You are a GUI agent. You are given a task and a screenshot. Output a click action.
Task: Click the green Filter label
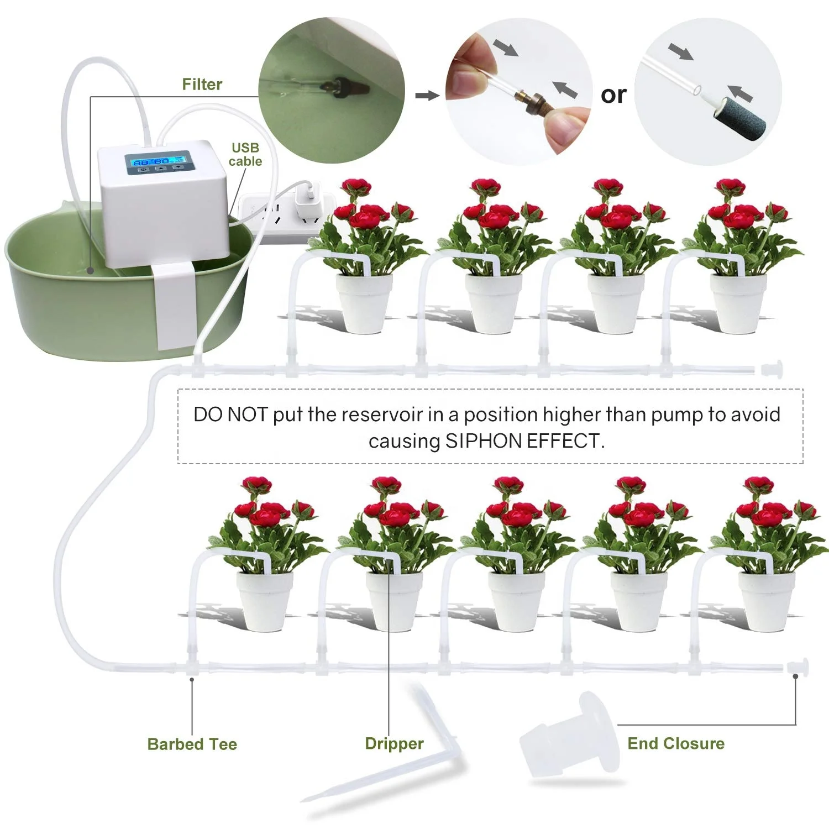point(202,85)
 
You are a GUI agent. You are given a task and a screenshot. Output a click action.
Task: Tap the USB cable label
point(245,155)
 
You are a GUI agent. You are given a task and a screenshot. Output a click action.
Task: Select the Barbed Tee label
point(192,744)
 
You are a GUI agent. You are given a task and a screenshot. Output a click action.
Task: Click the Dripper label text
point(394,743)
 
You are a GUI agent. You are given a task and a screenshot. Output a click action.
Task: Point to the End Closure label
point(675,743)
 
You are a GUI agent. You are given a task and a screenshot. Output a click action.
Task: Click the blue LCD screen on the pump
point(159,161)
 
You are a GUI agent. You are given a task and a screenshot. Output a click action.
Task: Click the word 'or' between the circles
point(613,95)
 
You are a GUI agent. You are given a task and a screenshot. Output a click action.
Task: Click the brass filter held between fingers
point(529,101)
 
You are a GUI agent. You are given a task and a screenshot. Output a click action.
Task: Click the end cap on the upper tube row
point(772,369)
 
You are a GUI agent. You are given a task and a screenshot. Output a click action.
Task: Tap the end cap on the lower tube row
point(799,667)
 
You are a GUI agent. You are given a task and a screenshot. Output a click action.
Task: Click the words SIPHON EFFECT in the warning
point(524,441)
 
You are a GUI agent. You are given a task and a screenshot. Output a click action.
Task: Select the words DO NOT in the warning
point(230,414)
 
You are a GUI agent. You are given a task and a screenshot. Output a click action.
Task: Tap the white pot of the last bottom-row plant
point(767,601)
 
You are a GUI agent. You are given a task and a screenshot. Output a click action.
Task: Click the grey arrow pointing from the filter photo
point(427,96)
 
